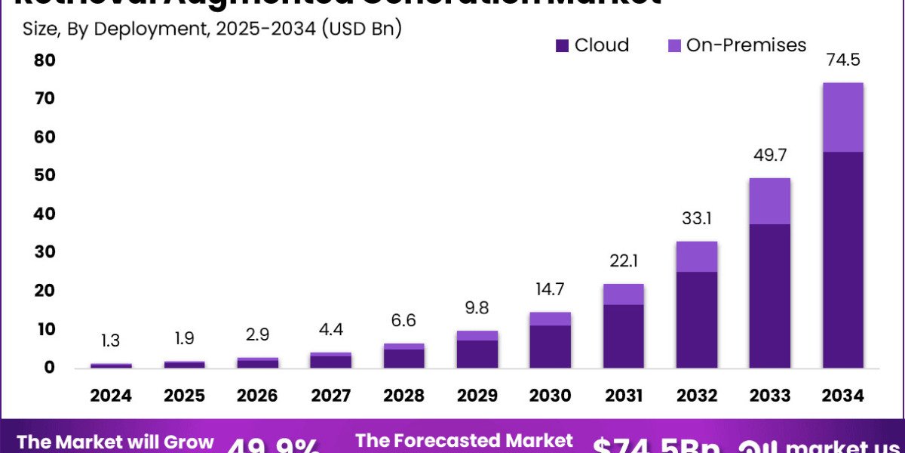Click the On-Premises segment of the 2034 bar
tap(842, 117)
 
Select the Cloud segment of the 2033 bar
tap(770, 295)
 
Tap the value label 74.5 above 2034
tap(843, 60)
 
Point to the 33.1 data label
tap(697, 219)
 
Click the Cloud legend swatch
tap(562, 46)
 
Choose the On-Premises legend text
tap(746, 45)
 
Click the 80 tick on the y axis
tap(44, 60)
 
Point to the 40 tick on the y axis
tap(44, 214)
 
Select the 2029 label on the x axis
tap(477, 396)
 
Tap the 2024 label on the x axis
tap(111, 396)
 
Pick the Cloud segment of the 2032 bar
tap(697, 319)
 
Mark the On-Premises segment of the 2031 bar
tap(624, 294)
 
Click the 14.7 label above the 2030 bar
tap(551, 289)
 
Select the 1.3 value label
tap(111, 341)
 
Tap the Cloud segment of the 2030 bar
tap(551, 346)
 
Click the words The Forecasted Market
tap(464, 440)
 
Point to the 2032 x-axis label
tap(697, 396)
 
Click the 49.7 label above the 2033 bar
tap(770, 156)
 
